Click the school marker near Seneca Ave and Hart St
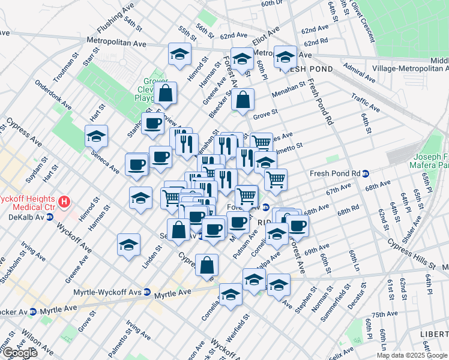[96, 136]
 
